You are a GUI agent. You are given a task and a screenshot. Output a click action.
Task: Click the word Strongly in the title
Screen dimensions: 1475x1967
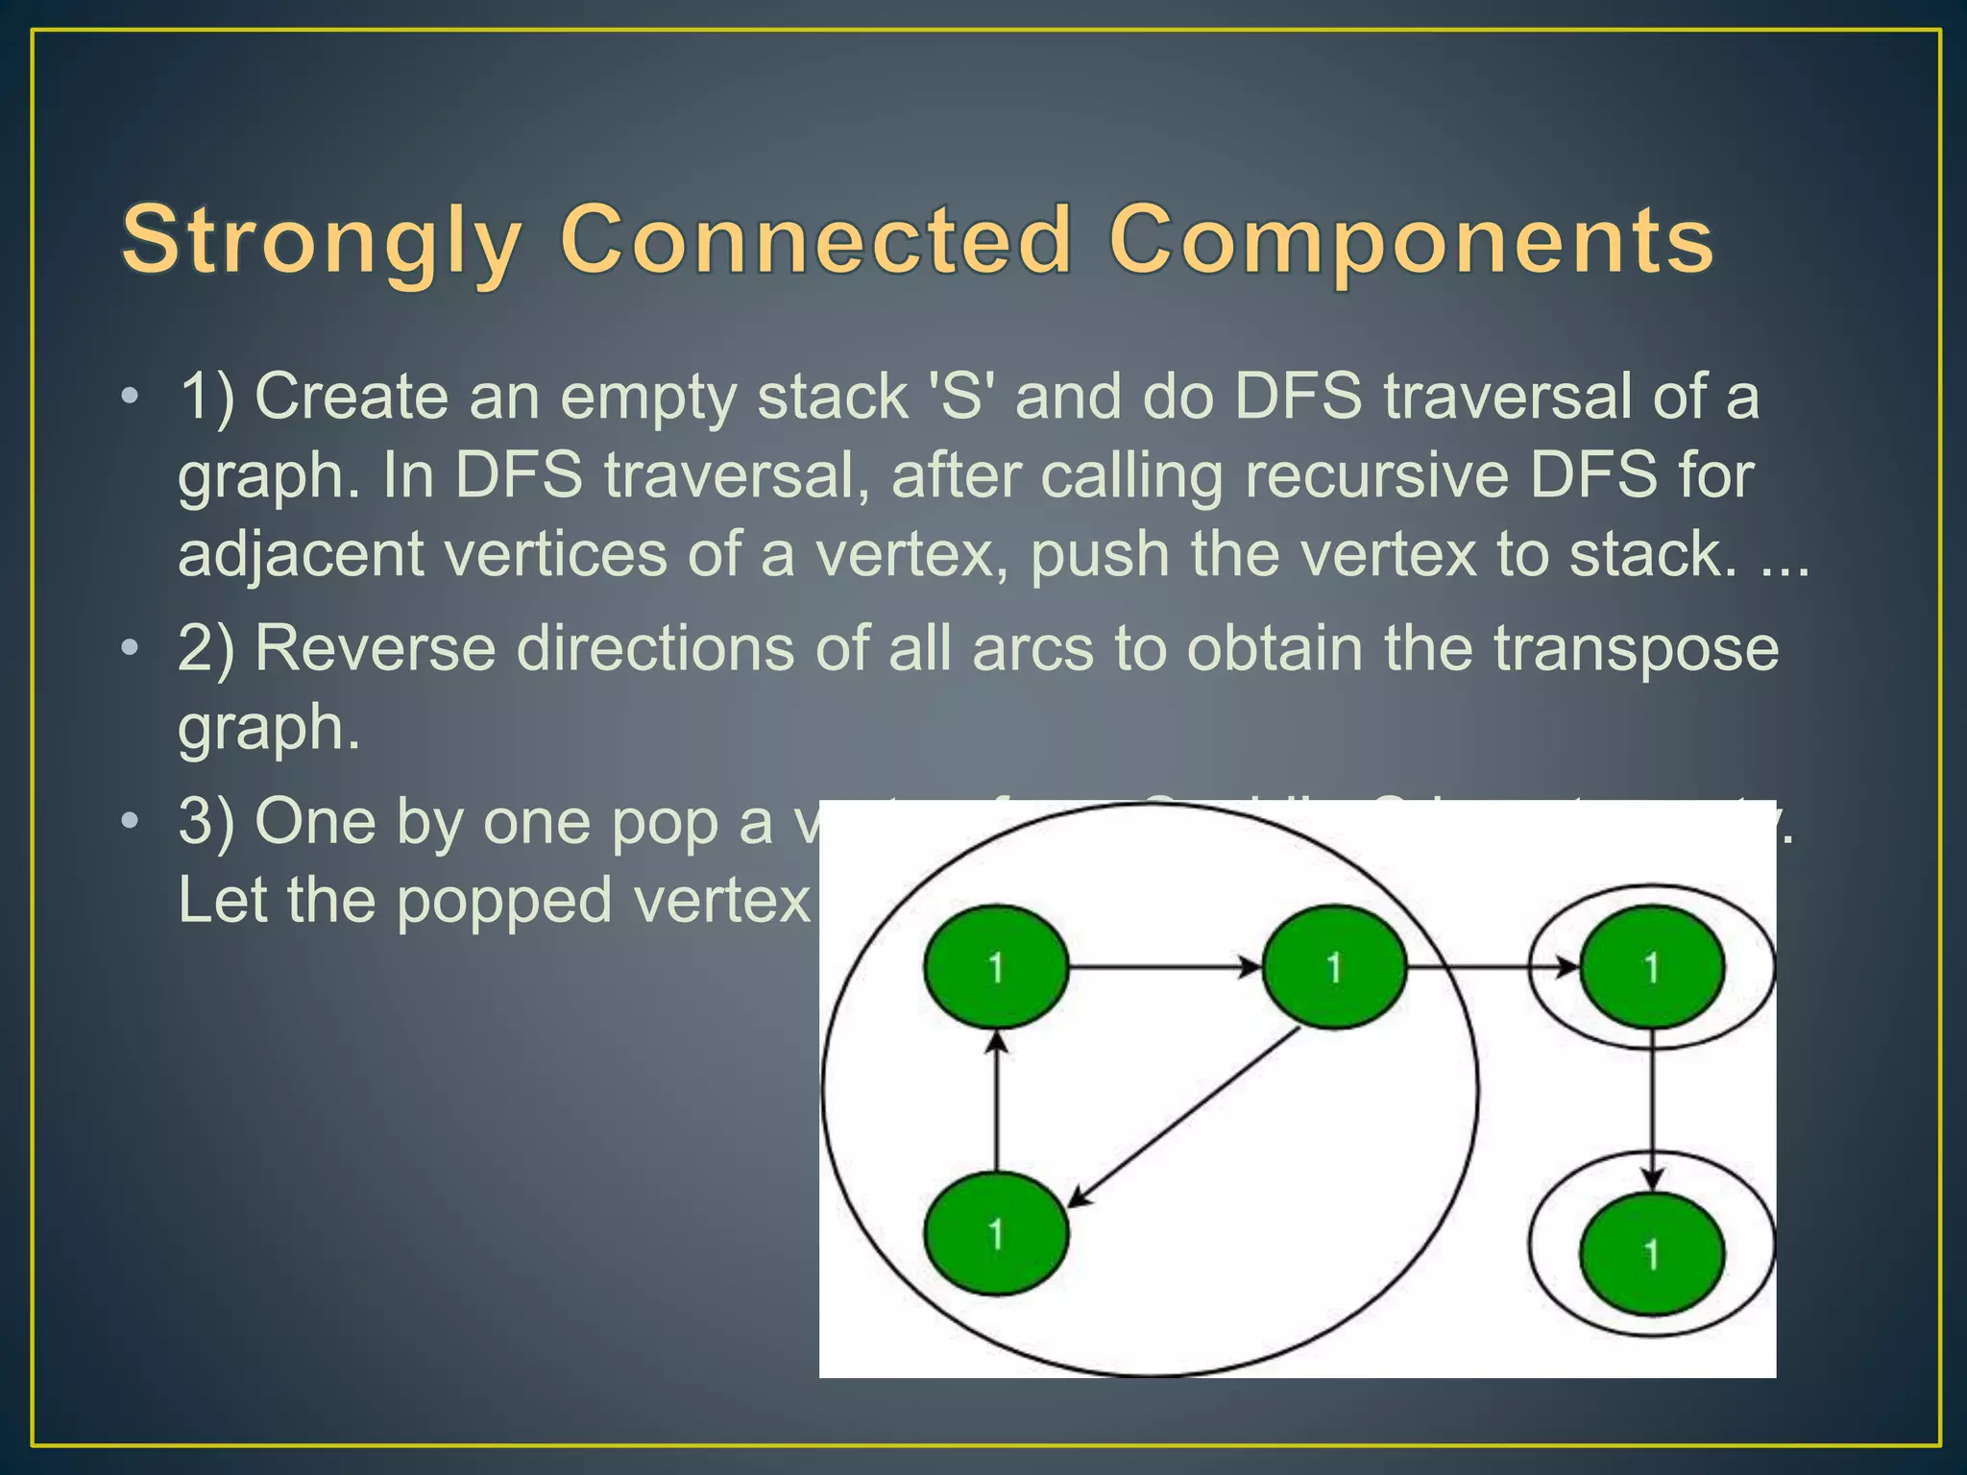coord(322,240)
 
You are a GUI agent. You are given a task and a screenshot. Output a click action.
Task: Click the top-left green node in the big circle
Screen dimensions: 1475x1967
coord(996,967)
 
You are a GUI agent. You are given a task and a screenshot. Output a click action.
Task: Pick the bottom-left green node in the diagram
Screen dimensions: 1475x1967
coord(996,1234)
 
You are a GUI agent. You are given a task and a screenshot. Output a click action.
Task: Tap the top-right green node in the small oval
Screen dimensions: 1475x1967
coord(1651,967)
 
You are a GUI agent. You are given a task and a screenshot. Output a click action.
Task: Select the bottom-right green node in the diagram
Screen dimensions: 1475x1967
coord(1651,1254)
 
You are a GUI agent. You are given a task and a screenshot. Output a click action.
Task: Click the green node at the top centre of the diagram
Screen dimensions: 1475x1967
coord(1333,967)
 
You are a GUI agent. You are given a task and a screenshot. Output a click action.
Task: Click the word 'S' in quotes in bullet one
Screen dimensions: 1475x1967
coord(959,397)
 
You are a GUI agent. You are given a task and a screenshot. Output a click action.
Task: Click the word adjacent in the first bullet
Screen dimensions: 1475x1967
coord(301,555)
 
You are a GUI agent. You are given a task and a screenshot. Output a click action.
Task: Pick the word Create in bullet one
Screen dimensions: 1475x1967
coord(351,397)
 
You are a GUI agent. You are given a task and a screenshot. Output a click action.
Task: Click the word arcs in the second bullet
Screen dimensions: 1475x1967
coord(1032,648)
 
